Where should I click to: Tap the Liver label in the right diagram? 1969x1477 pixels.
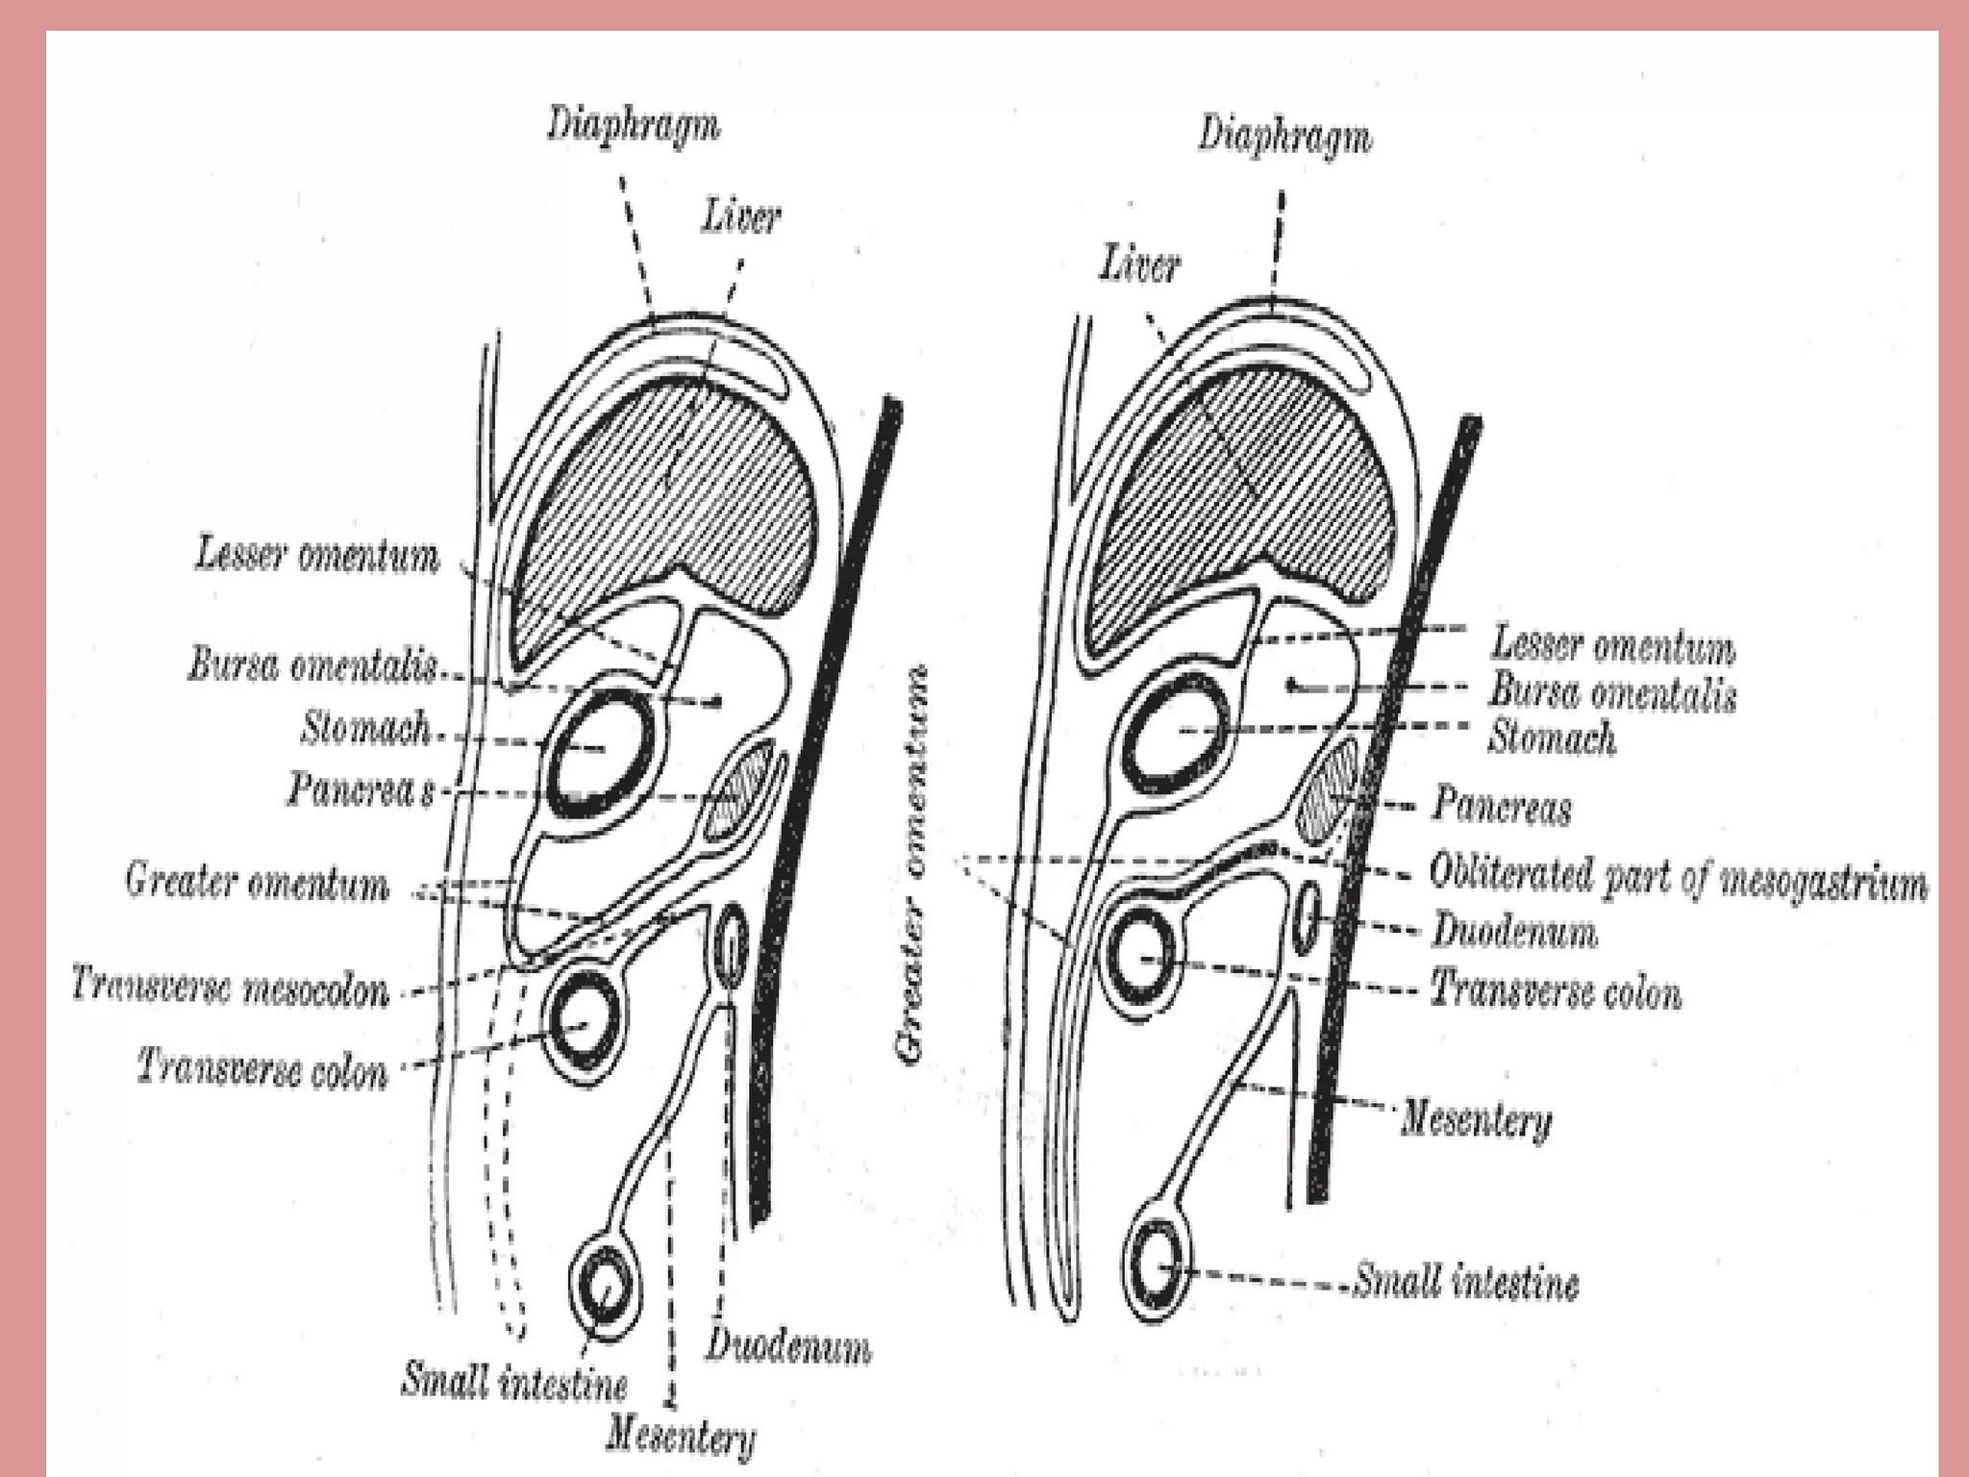click(1139, 264)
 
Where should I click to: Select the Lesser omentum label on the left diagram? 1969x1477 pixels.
click(317, 557)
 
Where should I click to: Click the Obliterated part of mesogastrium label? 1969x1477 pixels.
click(1678, 877)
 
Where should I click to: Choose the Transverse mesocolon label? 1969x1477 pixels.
click(231, 987)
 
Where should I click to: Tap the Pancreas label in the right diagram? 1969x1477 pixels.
click(1501, 806)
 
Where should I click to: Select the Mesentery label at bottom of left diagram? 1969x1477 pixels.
click(680, 1439)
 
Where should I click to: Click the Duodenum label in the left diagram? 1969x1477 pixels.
click(788, 1346)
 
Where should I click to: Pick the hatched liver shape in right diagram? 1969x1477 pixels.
click(1240, 481)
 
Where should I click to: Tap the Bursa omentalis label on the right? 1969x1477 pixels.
click(1612, 692)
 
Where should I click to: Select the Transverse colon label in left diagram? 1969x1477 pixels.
click(262, 1067)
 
